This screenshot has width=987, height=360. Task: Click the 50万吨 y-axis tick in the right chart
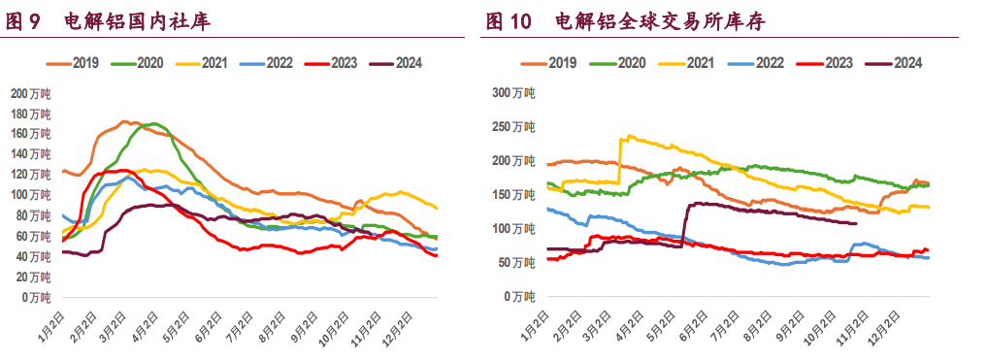514,263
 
